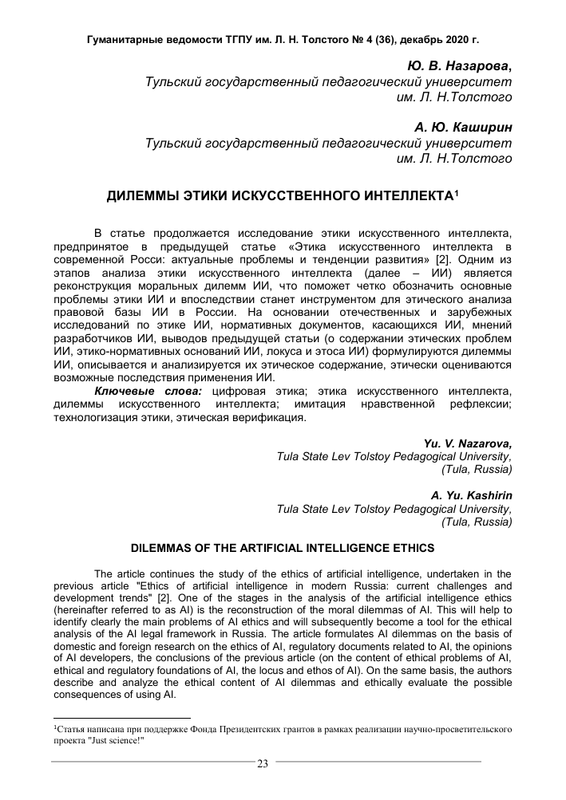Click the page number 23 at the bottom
pos(262,763)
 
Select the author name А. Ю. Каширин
pos(463,126)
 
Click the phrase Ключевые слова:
pos(149,391)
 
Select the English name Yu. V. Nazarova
pos(467,443)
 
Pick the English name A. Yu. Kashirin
pos(472,494)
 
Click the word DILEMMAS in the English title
pos(167,548)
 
